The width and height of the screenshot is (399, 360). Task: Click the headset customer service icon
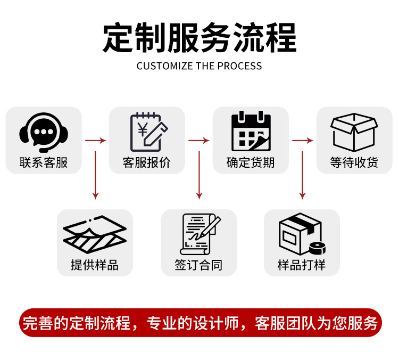44,130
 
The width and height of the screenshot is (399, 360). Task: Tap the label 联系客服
44,162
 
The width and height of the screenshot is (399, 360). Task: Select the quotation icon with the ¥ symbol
147,131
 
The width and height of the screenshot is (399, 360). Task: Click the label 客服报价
147,162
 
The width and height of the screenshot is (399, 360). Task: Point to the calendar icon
251,131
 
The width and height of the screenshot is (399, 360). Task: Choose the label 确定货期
251,162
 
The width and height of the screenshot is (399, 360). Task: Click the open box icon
354,131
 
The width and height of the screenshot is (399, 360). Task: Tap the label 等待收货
354,162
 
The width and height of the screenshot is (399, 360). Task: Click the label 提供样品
95,265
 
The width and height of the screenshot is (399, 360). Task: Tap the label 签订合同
198,265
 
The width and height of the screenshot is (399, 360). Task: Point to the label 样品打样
302,265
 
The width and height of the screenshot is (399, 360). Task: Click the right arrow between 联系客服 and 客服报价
95,141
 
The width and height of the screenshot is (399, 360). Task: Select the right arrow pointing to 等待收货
302,141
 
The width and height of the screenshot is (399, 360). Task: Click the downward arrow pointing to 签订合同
199,176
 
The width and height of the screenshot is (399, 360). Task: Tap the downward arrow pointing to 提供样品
95,176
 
